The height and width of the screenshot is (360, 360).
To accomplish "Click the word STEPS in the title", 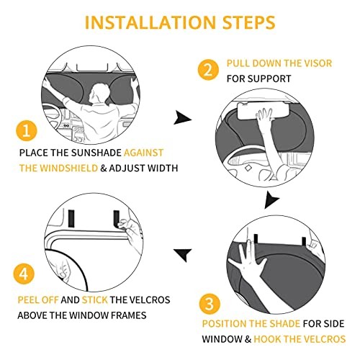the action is (249, 22).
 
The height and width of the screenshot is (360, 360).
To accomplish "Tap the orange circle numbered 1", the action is (27, 131).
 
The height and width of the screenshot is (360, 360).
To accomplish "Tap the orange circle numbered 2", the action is (208, 70).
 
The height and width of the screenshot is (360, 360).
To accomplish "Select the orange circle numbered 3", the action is (210, 304).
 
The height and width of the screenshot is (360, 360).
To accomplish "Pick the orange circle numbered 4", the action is (24, 274).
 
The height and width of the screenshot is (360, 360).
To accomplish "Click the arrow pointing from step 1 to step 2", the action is (182, 117).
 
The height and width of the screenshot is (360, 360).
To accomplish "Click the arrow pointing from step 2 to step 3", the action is (271, 199).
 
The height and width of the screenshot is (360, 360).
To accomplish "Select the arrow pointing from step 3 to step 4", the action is (183, 255).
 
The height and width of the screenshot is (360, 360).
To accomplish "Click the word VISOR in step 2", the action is (318, 63).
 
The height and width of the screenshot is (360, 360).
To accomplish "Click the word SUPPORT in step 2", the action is (269, 78).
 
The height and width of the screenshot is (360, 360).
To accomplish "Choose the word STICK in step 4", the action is (94, 300).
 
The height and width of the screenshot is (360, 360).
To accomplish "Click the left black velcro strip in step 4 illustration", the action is (71, 218).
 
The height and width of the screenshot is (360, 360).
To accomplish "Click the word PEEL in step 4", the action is (28, 300).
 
